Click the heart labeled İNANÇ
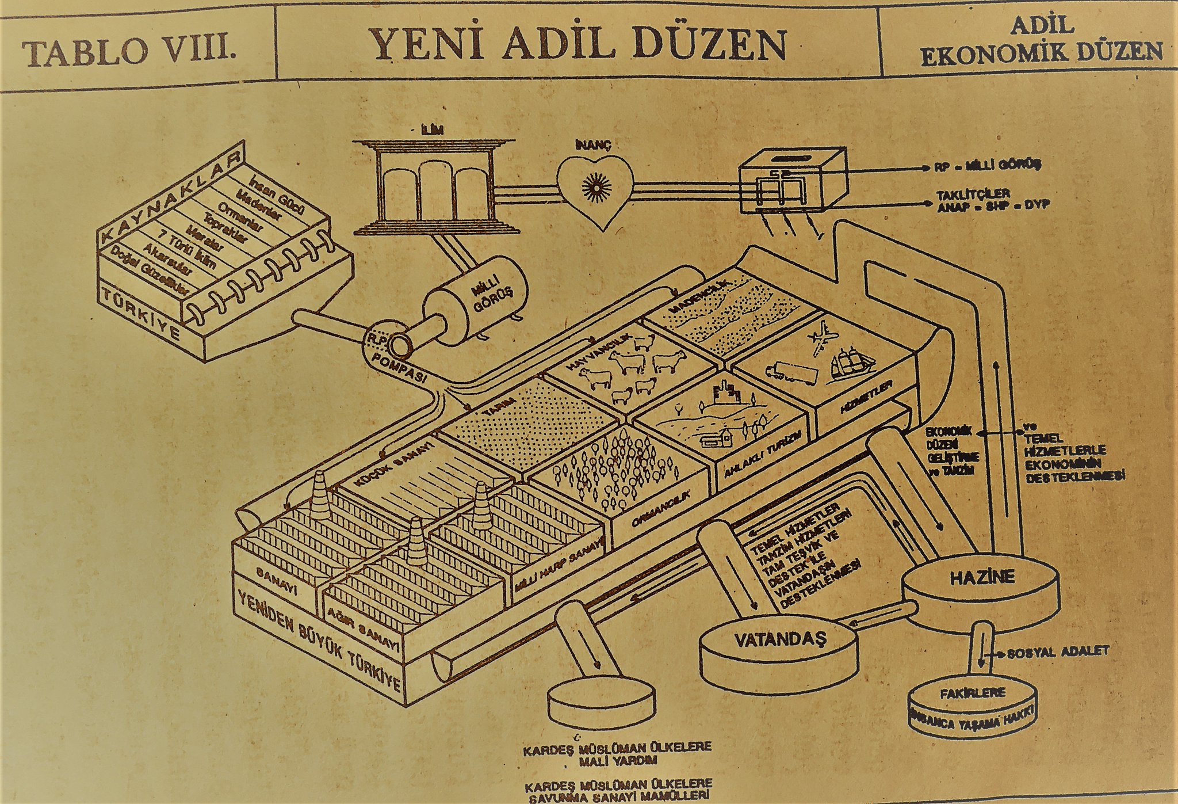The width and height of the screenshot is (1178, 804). [595, 190]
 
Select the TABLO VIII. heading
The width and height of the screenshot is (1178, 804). [130, 52]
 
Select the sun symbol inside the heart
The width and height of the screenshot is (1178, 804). [595, 186]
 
